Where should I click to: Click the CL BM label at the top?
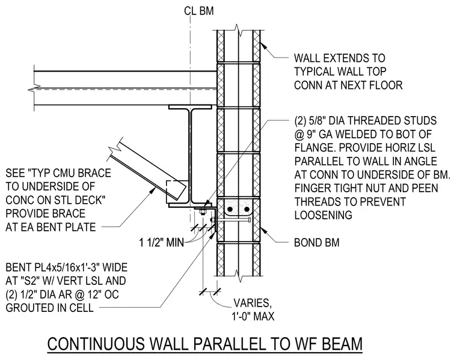pyautogui.click(x=199, y=11)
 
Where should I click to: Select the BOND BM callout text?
pyautogui.click(x=316, y=243)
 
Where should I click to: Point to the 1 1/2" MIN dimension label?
pyautogui.click(x=162, y=242)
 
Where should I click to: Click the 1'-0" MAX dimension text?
pyautogui.click(x=253, y=316)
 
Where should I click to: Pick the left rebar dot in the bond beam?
pyautogui.click(x=230, y=209)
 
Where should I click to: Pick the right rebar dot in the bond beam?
pyautogui.click(x=247, y=209)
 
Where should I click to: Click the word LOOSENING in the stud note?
pyautogui.click(x=324, y=215)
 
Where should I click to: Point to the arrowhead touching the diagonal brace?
pyautogui.click(x=152, y=191)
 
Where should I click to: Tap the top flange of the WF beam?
pyautogui.click(x=190, y=107)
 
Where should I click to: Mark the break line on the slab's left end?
pyautogui.click(x=34, y=88)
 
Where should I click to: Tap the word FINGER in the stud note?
pyautogui.click(x=313, y=188)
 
